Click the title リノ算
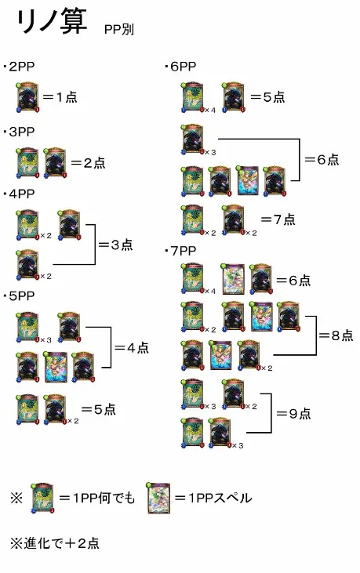click(51, 22)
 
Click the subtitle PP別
click(119, 29)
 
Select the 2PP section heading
click(19, 67)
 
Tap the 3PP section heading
click(19, 132)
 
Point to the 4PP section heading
click(19, 194)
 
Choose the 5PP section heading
click(19, 296)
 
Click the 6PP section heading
click(180, 67)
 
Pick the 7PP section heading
click(180, 251)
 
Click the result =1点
click(60, 97)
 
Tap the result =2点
click(88, 162)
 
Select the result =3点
click(115, 245)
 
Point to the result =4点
click(132, 347)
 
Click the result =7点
click(278, 219)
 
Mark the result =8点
click(336, 335)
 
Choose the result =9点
click(293, 413)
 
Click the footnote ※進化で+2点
click(55, 543)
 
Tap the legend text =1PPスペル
click(213, 498)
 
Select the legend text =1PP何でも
click(96, 498)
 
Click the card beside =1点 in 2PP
click(27, 97)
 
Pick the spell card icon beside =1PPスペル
click(158, 498)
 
